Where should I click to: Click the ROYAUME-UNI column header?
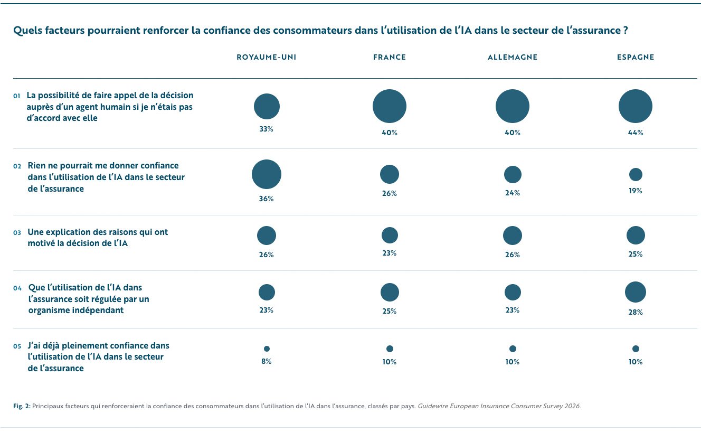(x=267, y=58)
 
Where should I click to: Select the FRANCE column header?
(x=390, y=58)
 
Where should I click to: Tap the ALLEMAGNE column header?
(x=513, y=58)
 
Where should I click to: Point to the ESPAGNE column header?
(x=636, y=58)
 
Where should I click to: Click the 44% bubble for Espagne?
(x=636, y=106)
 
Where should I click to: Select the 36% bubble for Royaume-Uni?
(x=267, y=174)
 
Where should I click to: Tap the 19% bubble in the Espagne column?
(x=636, y=174)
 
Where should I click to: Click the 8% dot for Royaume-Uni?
(x=267, y=349)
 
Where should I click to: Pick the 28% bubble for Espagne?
(x=636, y=292)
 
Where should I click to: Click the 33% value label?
(x=267, y=129)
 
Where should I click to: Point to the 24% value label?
(x=513, y=193)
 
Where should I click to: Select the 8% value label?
(x=267, y=361)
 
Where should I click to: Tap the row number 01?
(x=16, y=96)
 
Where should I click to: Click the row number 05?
(x=17, y=346)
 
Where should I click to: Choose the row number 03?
(x=17, y=233)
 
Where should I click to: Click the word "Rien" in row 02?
(x=36, y=165)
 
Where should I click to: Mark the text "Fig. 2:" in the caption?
(x=22, y=406)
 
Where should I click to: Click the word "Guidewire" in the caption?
(x=433, y=406)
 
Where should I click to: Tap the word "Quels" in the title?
(x=27, y=30)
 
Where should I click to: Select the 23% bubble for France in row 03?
(x=390, y=236)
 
